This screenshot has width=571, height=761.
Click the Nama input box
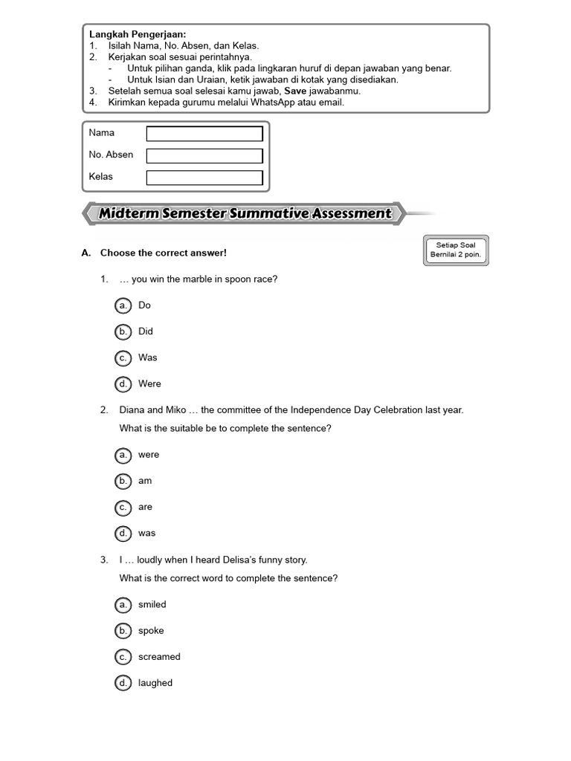[204, 134]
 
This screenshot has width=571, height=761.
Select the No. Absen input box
[204, 156]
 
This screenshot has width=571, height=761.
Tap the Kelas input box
[204, 178]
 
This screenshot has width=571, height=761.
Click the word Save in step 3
[291, 91]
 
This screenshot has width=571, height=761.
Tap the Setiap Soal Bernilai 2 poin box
[457, 250]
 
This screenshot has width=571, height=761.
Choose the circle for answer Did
[123, 331]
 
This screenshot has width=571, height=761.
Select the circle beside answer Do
[123, 305]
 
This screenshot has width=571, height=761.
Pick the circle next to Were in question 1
[123, 384]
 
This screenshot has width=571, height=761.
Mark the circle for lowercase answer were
[123, 455]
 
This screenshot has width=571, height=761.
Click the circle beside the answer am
[123, 481]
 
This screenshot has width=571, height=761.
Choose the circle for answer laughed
[123, 683]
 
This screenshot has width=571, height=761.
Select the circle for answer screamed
[123, 657]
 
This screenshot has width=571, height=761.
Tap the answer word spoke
[151, 631]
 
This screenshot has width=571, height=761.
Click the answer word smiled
[152, 605]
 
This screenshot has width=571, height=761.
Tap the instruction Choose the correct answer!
[163, 253]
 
